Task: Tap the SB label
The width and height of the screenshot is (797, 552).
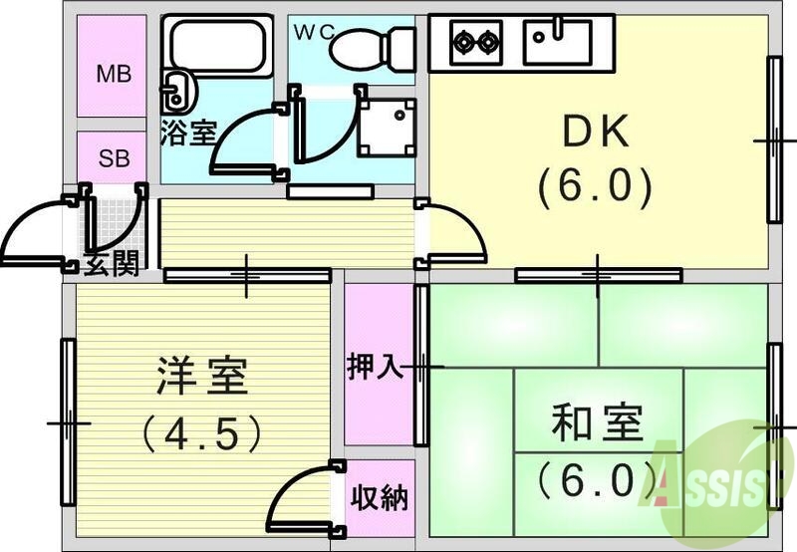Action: pos(113,157)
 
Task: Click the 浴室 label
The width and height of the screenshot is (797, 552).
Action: pos(187,134)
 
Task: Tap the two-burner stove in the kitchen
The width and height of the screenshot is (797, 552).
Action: pos(475,42)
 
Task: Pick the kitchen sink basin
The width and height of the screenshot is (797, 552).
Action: pos(558,43)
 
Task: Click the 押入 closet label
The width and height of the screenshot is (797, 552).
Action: pos(374,367)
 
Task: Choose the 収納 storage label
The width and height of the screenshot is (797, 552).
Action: pos(380,497)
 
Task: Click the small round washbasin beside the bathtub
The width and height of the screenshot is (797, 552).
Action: pos(177,93)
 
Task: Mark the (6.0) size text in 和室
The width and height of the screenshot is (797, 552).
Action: pos(596,481)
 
